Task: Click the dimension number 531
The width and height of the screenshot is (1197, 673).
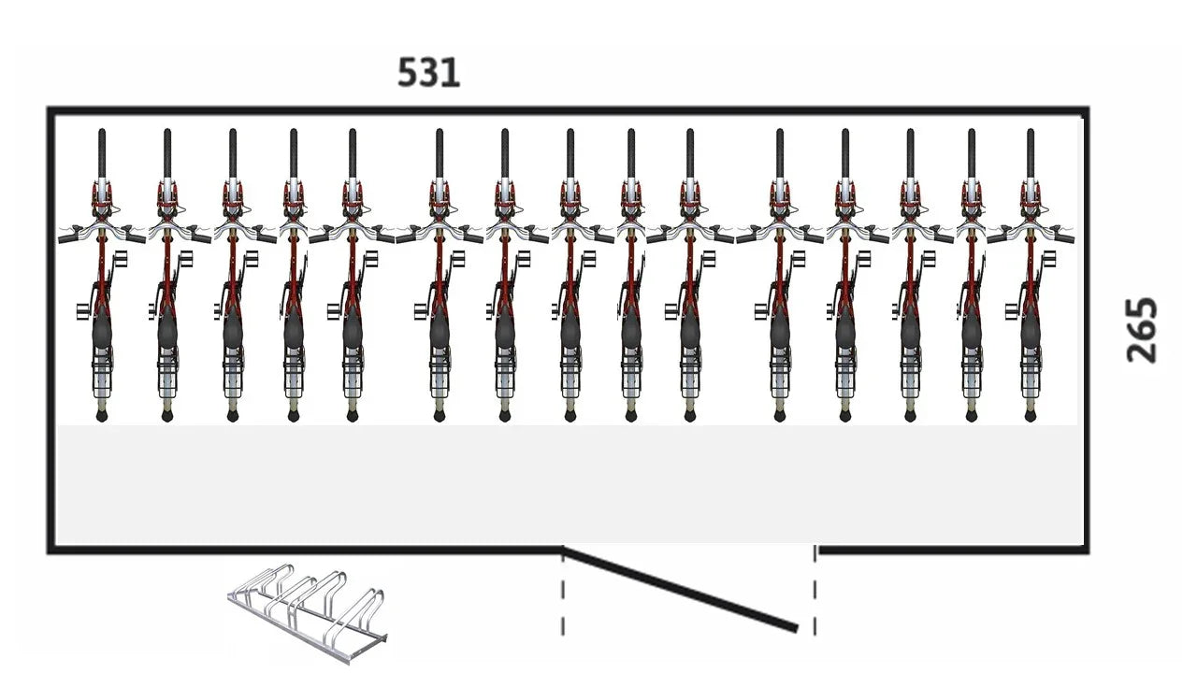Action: point(428,73)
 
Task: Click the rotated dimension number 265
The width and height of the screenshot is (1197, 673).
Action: point(1142,329)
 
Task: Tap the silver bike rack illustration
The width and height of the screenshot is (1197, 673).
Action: point(309,611)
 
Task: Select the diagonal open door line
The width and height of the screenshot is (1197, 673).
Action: point(681,589)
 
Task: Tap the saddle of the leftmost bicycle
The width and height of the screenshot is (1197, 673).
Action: point(103,332)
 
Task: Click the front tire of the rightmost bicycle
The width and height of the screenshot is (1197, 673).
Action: point(1030,150)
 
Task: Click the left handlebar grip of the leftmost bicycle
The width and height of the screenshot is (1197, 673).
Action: point(66,238)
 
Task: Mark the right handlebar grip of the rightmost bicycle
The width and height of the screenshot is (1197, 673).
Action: point(1066,238)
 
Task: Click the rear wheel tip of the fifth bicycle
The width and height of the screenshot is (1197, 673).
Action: point(353,415)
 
